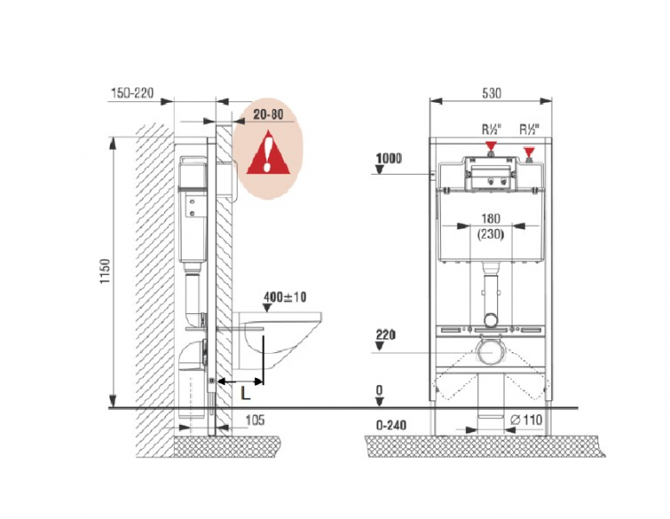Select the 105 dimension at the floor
254,420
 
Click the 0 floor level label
380,391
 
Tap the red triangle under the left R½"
492,147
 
